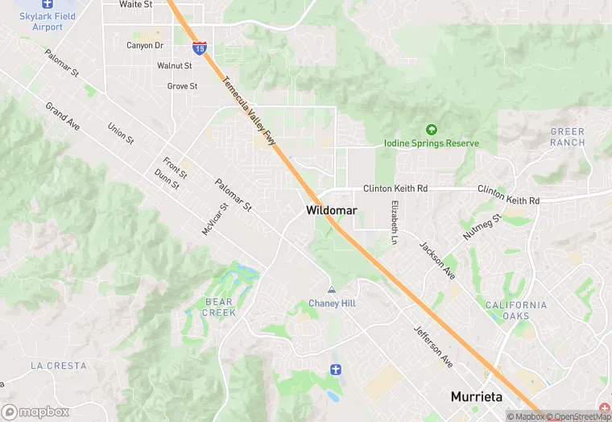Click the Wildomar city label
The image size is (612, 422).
(x=331, y=210)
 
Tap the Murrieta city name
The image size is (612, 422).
(x=476, y=397)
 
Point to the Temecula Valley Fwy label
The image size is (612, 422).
(x=250, y=111)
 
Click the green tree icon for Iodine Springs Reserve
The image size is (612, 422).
(x=431, y=130)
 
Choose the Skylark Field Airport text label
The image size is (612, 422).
(x=48, y=22)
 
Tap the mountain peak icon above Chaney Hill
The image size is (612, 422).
(x=332, y=290)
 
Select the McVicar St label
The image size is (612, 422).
(x=215, y=218)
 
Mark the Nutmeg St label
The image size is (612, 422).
(x=482, y=227)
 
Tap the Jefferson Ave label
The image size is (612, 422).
(x=433, y=346)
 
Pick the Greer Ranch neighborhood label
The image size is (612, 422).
(x=568, y=137)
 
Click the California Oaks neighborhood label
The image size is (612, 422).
(x=516, y=310)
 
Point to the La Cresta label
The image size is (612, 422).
(x=58, y=366)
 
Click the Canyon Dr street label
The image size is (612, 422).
(x=145, y=46)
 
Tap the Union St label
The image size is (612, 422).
(x=121, y=133)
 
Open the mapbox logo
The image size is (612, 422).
(x=35, y=412)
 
